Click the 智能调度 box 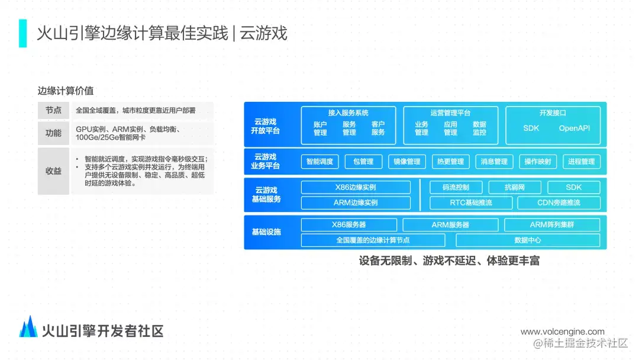pos(319,162)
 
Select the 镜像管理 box pos(406,162)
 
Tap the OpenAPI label pos(574,128)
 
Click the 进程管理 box pos(581,162)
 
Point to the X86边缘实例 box pos(355,188)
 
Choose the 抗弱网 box pos(514,188)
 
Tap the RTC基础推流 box pos(470,202)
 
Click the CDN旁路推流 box pos(559,202)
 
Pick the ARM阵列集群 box pos(551,225)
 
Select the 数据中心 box pos(527,240)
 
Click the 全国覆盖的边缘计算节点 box pos(373,240)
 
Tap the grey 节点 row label pos(53,111)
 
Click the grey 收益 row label pos(53,171)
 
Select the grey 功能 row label pos(53,133)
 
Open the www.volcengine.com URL pos(562,332)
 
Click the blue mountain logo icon pos(28,327)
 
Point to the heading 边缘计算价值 pos(66,91)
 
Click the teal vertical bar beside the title pos(22,33)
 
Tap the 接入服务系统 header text pos(348,112)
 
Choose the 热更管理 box pos(450,162)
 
